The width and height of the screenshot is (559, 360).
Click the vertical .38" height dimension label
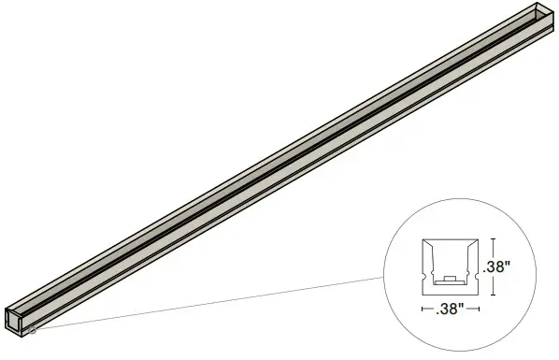[496, 267]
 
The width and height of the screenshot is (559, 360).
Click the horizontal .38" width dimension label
[450, 310]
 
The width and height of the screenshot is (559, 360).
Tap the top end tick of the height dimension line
[493, 239]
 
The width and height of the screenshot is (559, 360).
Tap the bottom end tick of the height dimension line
[493, 295]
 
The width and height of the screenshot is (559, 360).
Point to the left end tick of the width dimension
[423, 309]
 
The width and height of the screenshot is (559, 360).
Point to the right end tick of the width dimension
[479, 309]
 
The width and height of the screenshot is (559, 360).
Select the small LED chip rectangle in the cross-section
[450, 278]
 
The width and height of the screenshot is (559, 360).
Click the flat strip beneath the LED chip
[449, 282]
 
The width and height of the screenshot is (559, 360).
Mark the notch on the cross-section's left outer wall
[424, 276]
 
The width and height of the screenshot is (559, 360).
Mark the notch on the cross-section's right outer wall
[477, 276]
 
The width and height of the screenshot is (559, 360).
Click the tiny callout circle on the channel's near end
[33, 329]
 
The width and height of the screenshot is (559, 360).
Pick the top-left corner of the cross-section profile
[423, 239]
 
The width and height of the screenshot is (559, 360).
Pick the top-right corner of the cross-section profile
[478, 239]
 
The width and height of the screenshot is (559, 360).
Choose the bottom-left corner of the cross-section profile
[423, 294]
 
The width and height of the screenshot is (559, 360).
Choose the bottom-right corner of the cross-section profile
[478, 294]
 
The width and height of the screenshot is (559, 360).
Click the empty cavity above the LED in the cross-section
[450, 257]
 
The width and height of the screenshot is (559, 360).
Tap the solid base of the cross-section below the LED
[450, 290]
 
